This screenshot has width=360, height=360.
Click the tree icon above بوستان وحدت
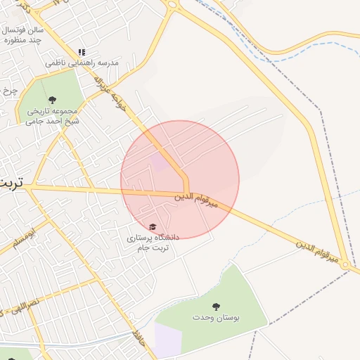coord(216,307)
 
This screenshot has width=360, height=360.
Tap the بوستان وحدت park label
coord(216,318)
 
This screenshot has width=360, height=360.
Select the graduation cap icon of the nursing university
coord(153,226)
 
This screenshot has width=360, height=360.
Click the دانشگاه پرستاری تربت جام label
coord(153,243)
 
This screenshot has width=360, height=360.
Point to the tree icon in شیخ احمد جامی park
coord(53,100)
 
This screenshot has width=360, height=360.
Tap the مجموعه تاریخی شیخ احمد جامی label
coord(53,116)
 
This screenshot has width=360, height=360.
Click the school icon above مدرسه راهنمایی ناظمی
coord(82,52)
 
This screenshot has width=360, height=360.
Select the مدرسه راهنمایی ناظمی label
coord(83,63)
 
